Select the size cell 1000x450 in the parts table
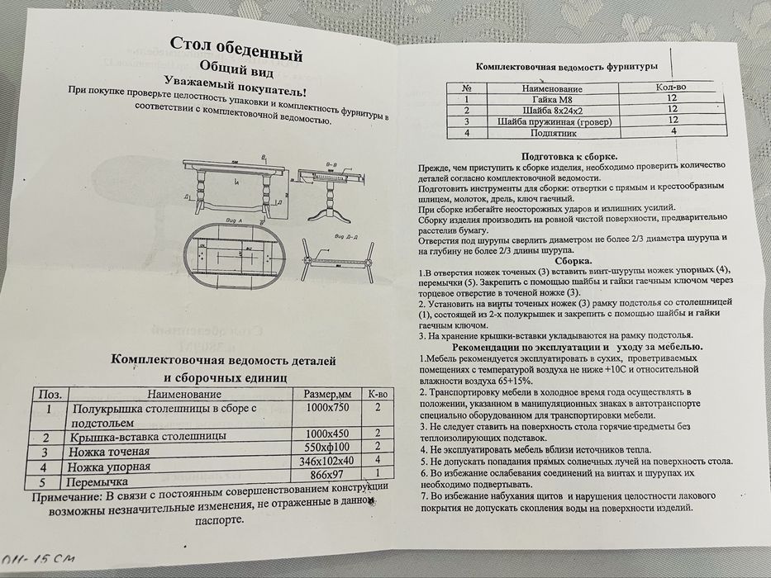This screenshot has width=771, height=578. (x=329, y=433)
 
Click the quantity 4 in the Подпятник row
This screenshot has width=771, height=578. (x=673, y=130)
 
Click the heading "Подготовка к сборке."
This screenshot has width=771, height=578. (x=569, y=156)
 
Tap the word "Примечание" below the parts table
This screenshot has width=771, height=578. (x=65, y=498)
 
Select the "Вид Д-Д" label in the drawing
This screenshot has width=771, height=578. (x=347, y=236)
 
